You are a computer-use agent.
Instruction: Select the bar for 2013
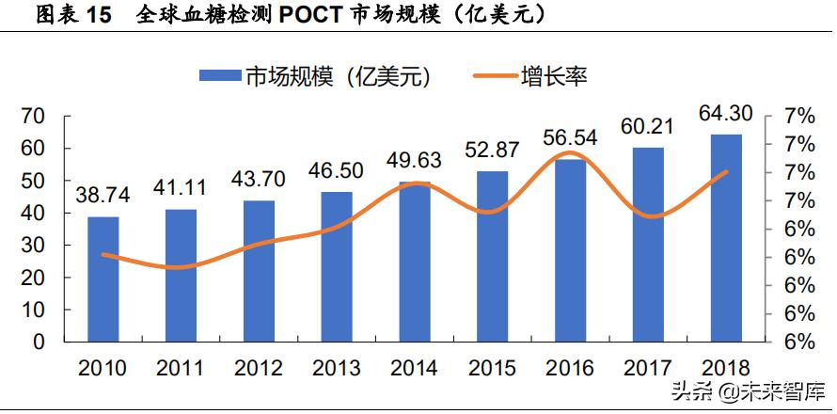337,266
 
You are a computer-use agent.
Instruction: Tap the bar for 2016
569,250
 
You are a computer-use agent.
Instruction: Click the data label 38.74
103,195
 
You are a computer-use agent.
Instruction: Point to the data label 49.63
415,160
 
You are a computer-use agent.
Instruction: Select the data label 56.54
570,137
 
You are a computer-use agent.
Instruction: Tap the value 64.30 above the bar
725,114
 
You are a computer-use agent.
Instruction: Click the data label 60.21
648,126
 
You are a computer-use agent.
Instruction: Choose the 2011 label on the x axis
181,368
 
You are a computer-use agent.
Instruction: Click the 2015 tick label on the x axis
492,368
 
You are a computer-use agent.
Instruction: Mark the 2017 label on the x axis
648,368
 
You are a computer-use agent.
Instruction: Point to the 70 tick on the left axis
33,117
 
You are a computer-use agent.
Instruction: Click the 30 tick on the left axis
33,246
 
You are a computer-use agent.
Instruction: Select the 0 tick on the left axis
39,342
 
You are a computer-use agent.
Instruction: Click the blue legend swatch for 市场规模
220,77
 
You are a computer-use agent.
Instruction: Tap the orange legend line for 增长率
487,77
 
